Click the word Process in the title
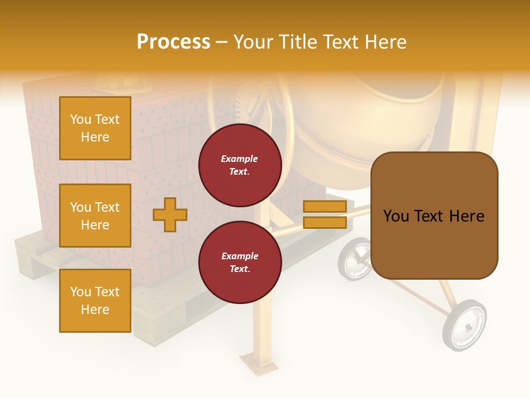(x=173, y=42)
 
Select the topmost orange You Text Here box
(x=95, y=128)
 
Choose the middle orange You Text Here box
(x=95, y=216)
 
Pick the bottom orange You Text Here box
(x=95, y=301)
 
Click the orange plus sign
(x=170, y=214)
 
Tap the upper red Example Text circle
(x=240, y=165)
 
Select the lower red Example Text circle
(x=240, y=263)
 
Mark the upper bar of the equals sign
(x=325, y=206)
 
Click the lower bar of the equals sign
(x=325, y=223)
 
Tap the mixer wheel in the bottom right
(x=465, y=326)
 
